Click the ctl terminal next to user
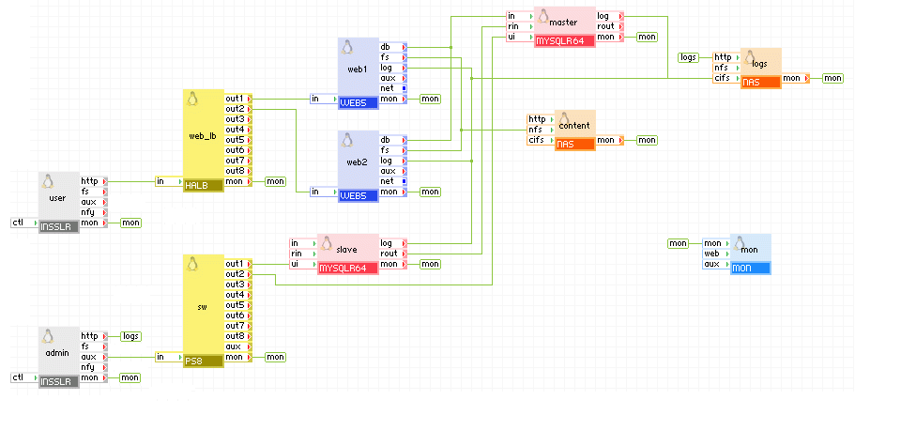(x=18, y=223)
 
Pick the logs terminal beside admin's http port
(x=130, y=336)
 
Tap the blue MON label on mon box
(x=750, y=269)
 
